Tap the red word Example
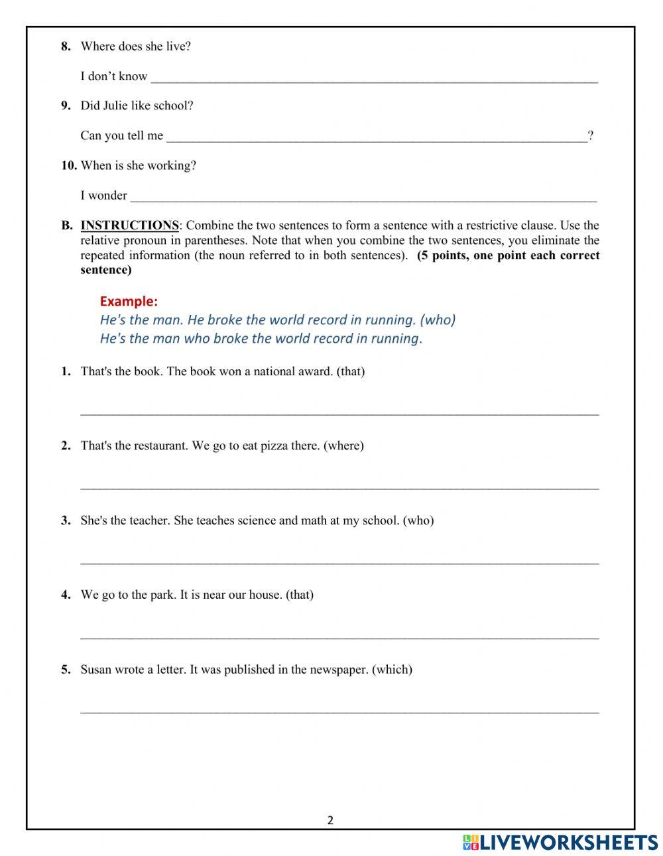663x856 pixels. pyautogui.click(x=129, y=301)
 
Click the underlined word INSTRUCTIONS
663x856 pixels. pyautogui.click(x=129, y=225)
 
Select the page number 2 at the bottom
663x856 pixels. pyautogui.click(x=330, y=820)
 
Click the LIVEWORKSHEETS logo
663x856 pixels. pyautogui.click(x=560, y=842)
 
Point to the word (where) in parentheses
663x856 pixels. pyautogui.click(x=343, y=446)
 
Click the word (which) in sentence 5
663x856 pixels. pyautogui.click(x=392, y=670)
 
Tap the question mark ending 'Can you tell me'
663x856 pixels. pyautogui.click(x=590, y=136)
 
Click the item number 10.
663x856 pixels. pyautogui.click(x=69, y=166)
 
